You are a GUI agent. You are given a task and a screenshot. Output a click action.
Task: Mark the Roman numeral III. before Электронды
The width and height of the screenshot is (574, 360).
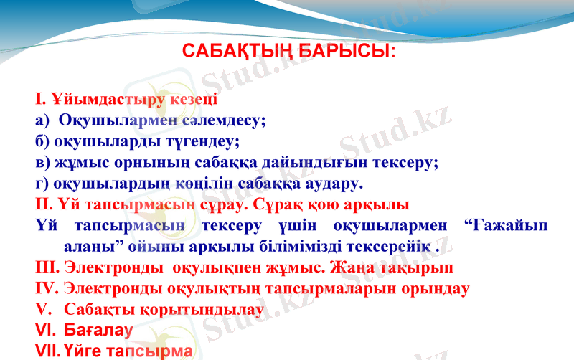tap(47, 268)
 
